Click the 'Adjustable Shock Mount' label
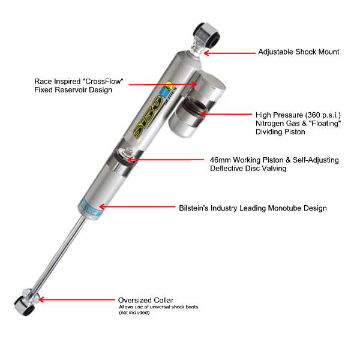pyautogui.click(x=298, y=52)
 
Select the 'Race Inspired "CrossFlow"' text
pyautogui.click(x=79, y=81)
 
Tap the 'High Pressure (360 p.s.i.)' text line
pyautogui.click(x=298, y=115)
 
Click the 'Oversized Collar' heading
pyautogui.click(x=146, y=300)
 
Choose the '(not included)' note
pyautogui.click(x=134, y=313)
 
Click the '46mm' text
pyautogui.click(x=220, y=160)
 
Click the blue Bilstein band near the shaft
pyautogui.click(x=91, y=208)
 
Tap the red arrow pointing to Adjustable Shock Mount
pyautogui.click(x=229, y=53)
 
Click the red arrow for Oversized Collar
pyautogui.click(x=77, y=299)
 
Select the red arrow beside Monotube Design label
pyautogui.click(x=137, y=206)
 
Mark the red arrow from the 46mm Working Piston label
pyautogui.click(x=166, y=160)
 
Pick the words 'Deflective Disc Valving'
pyautogui.click(x=248, y=169)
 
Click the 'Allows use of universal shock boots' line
pyautogui.click(x=158, y=307)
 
